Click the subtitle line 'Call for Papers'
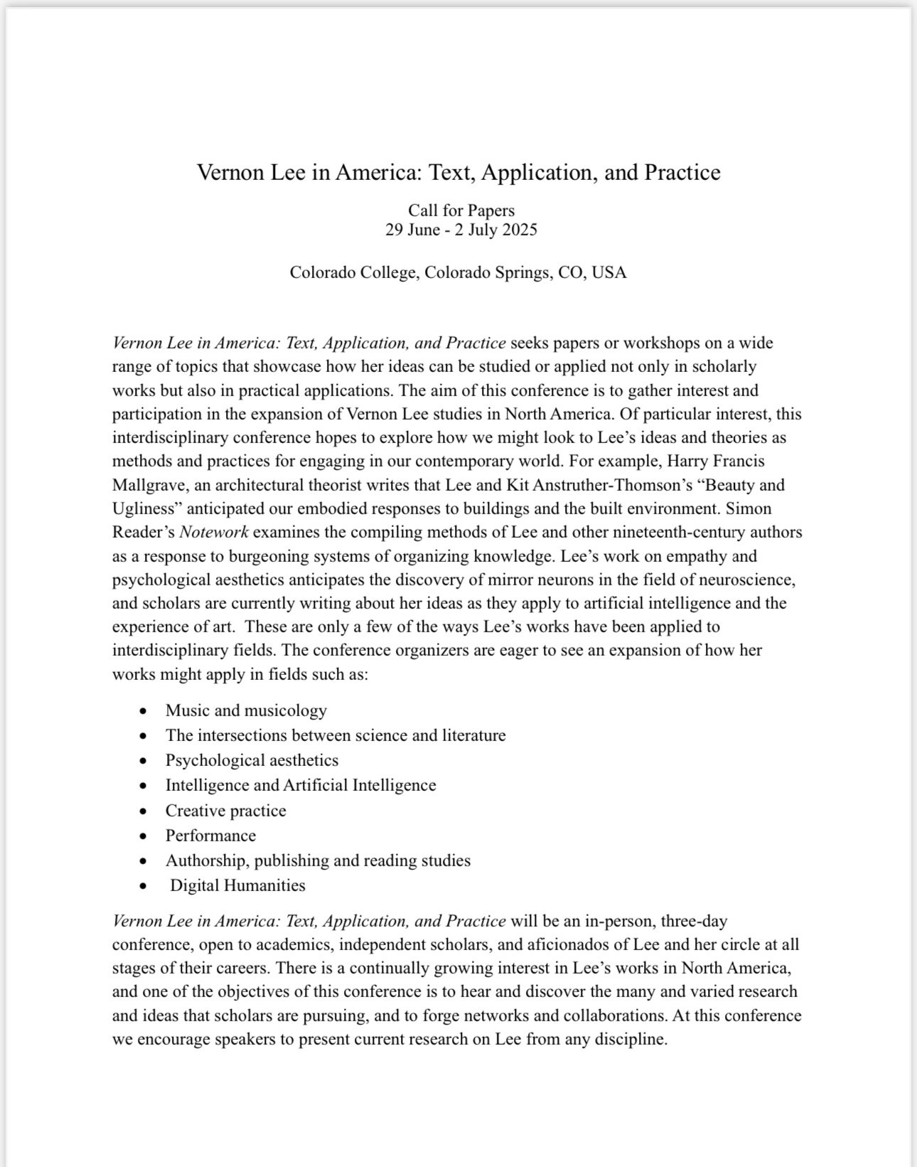(x=461, y=211)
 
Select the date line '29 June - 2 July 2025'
(x=461, y=230)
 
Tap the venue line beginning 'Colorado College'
(x=458, y=272)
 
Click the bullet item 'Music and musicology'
(x=246, y=710)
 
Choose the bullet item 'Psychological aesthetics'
(x=252, y=760)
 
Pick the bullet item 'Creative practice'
(x=225, y=811)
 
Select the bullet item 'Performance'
(x=210, y=836)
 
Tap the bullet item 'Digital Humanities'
(x=237, y=885)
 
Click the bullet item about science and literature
(x=336, y=735)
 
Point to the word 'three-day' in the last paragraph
(x=694, y=921)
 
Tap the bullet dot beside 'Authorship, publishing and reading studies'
(x=144, y=861)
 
